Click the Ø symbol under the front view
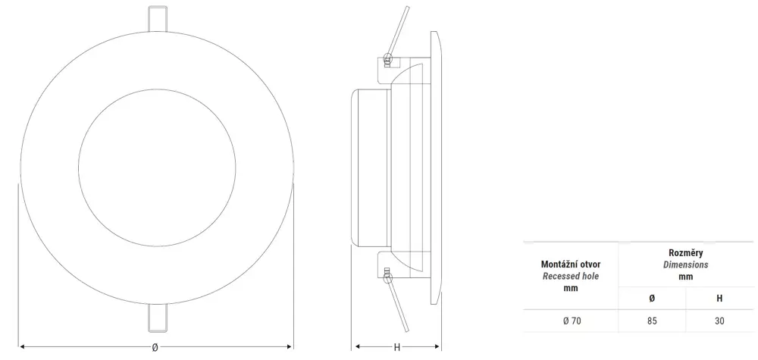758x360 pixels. [x=155, y=347]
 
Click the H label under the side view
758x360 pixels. [x=397, y=347]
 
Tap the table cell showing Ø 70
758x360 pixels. [x=571, y=321]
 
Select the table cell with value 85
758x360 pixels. [x=652, y=321]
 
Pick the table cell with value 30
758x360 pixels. [x=719, y=321]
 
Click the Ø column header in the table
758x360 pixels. [x=652, y=298]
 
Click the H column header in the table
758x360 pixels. [x=719, y=298]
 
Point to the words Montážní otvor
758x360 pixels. [x=571, y=265]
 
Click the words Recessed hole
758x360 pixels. [x=571, y=277]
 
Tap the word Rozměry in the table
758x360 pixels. [x=685, y=252]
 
